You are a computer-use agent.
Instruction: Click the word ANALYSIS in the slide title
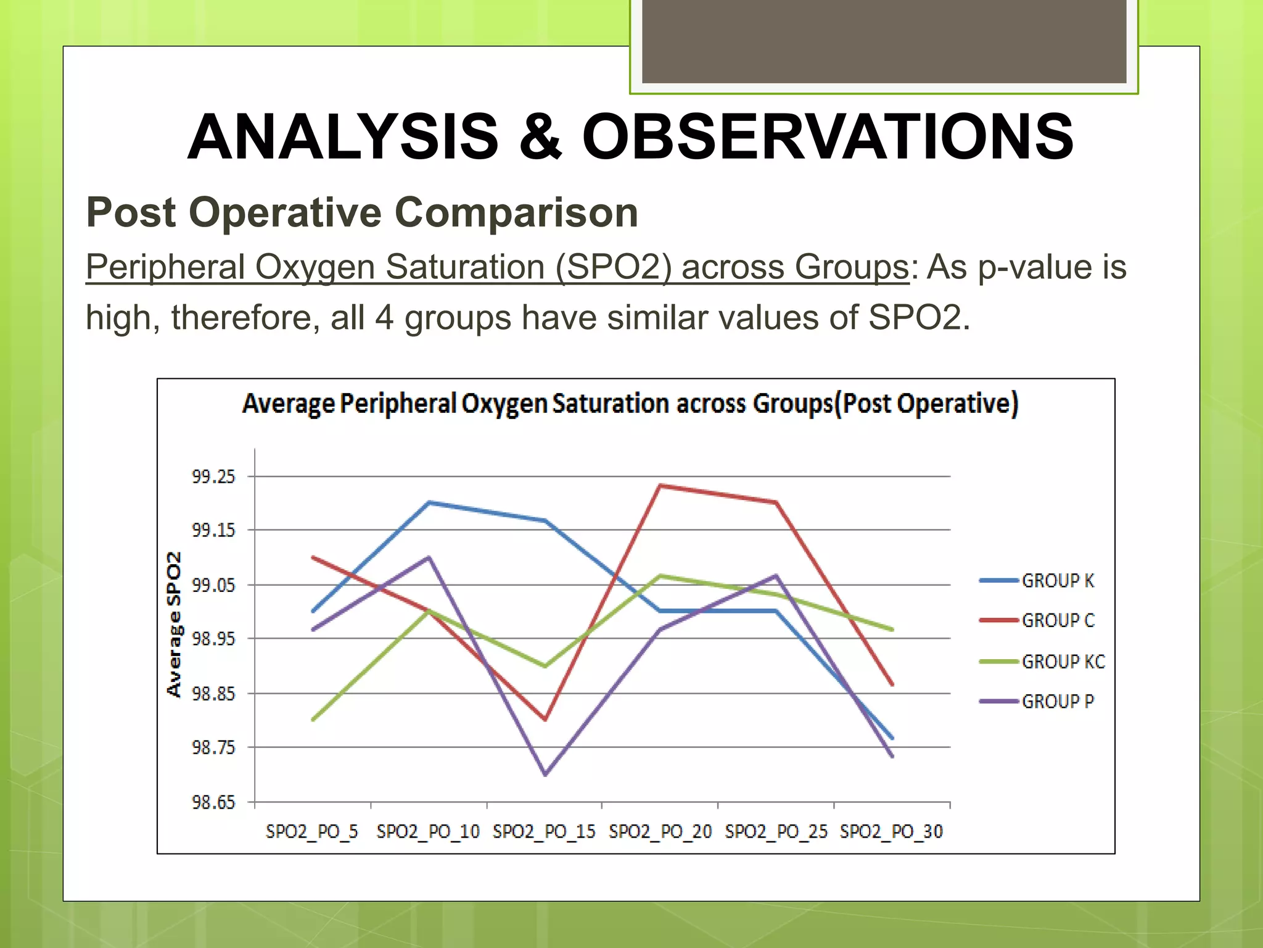tap(343, 137)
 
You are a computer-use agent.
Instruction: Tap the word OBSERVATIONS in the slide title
tap(828, 137)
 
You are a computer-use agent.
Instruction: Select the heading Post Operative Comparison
tap(362, 212)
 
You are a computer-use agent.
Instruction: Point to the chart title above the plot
tap(630, 404)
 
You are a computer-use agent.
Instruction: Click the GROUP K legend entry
tap(1057, 581)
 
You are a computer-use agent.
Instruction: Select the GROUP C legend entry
tap(1057, 620)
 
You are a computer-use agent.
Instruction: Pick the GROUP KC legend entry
tap(1063, 662)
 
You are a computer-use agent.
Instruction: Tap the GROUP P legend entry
tap(1057, 702)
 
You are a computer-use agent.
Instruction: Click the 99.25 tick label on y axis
tap(213, 476)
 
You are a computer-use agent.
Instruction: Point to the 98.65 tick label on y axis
tap(213, 802)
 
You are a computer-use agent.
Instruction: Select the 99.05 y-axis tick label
tap(213, 585)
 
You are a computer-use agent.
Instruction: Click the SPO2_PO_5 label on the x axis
tap(312, 832)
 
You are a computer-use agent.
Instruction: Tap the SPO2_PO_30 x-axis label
tap(892, 832)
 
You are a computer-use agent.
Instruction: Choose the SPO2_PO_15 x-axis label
tap(544, 832)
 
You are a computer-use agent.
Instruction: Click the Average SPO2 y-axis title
tap(175, 624)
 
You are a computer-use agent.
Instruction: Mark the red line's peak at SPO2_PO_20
tap(660, 486)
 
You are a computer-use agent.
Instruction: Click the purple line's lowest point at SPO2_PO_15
tap(545, 775)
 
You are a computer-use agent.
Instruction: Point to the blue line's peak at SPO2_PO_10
tap(429, 502)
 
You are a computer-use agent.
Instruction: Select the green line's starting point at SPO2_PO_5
tap(313, 720)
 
